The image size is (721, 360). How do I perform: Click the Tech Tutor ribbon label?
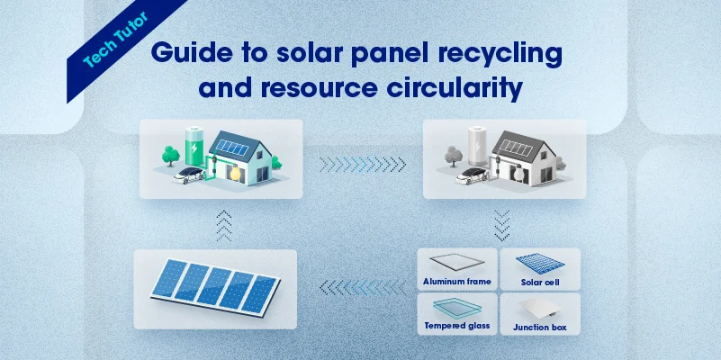(x=116, y=40)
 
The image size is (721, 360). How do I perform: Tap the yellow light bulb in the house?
(x=236, y=174)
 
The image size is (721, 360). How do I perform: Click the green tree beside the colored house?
(x=171, y=156)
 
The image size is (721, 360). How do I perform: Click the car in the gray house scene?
(x=472, y=175)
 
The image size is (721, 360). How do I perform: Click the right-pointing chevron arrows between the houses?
(x=363, y=164)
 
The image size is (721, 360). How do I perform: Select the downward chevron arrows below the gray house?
(x=501, y=225)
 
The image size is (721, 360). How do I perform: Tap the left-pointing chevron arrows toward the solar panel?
(x=363, y=287)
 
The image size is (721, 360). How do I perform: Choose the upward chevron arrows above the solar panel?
(x=223, y=225)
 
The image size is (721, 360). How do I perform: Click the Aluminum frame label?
(x=457, y=282)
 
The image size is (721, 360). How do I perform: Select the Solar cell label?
(x=540, y=283)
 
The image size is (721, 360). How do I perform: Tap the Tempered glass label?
(x=457, y=326)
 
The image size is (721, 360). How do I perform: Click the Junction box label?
(x=540, y=328)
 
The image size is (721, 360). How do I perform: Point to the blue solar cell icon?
(x=540, y=264)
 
